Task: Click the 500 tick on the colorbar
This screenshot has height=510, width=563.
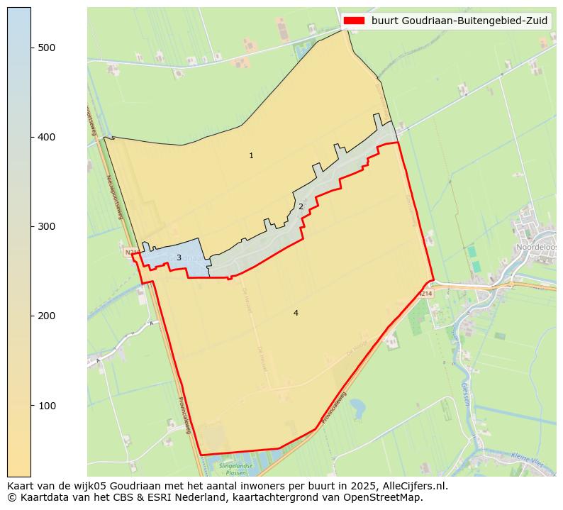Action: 47,48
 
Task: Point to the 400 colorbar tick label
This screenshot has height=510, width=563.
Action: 47,137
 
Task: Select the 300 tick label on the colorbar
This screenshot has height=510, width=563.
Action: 47,226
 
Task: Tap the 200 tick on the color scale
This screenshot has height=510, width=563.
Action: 47,316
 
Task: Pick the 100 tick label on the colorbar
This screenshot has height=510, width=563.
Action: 47,405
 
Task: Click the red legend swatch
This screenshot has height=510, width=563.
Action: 354,21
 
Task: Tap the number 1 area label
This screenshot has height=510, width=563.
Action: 251,155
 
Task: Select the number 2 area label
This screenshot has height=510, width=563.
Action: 301,206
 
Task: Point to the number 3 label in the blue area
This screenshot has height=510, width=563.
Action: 179,257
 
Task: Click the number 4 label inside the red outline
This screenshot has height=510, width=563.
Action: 296,313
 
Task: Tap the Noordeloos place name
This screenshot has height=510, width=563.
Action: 537,247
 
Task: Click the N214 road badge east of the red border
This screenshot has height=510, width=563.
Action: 425,293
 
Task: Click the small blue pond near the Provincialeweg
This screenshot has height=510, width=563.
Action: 357,407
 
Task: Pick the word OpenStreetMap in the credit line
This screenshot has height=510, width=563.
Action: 386,497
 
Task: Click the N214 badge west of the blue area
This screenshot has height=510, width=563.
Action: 130,252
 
